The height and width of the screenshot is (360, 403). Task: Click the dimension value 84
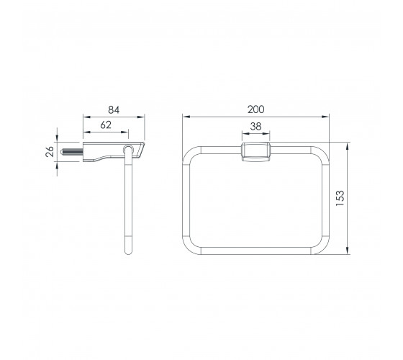click(114, 109)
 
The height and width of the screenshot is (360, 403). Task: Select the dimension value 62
click(106, 125)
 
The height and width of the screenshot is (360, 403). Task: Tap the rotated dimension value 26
click(50, 152)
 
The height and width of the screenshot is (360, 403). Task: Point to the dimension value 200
click(255, 109)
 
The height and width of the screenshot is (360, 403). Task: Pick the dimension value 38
click(255, 127)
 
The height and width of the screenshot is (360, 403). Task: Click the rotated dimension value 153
click(340, 198)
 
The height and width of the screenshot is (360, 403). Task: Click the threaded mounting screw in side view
click(72, 152)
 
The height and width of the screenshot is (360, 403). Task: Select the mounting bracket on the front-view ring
click(255, 152)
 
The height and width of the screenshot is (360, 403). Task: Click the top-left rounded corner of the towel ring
click(188, 152)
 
